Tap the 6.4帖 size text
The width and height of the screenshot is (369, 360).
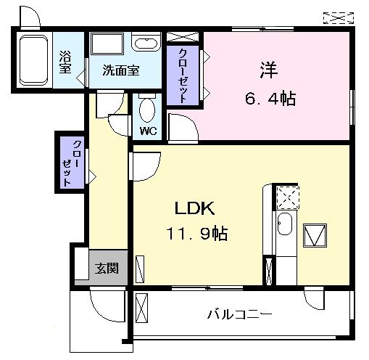point(270,98)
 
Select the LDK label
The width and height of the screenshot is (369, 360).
point(194,208)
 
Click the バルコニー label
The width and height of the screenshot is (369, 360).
point(239,314)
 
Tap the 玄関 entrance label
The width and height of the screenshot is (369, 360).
point(107,269)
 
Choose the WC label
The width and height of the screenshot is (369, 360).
point(149,131)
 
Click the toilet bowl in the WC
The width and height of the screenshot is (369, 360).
point(149,111)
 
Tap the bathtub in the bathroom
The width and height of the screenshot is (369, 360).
point(34,58)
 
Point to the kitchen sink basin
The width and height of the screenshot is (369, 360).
point(284,227)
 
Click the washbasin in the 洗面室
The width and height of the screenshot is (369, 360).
point(146,44)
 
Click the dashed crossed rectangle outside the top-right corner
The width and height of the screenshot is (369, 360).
point(336,16)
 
